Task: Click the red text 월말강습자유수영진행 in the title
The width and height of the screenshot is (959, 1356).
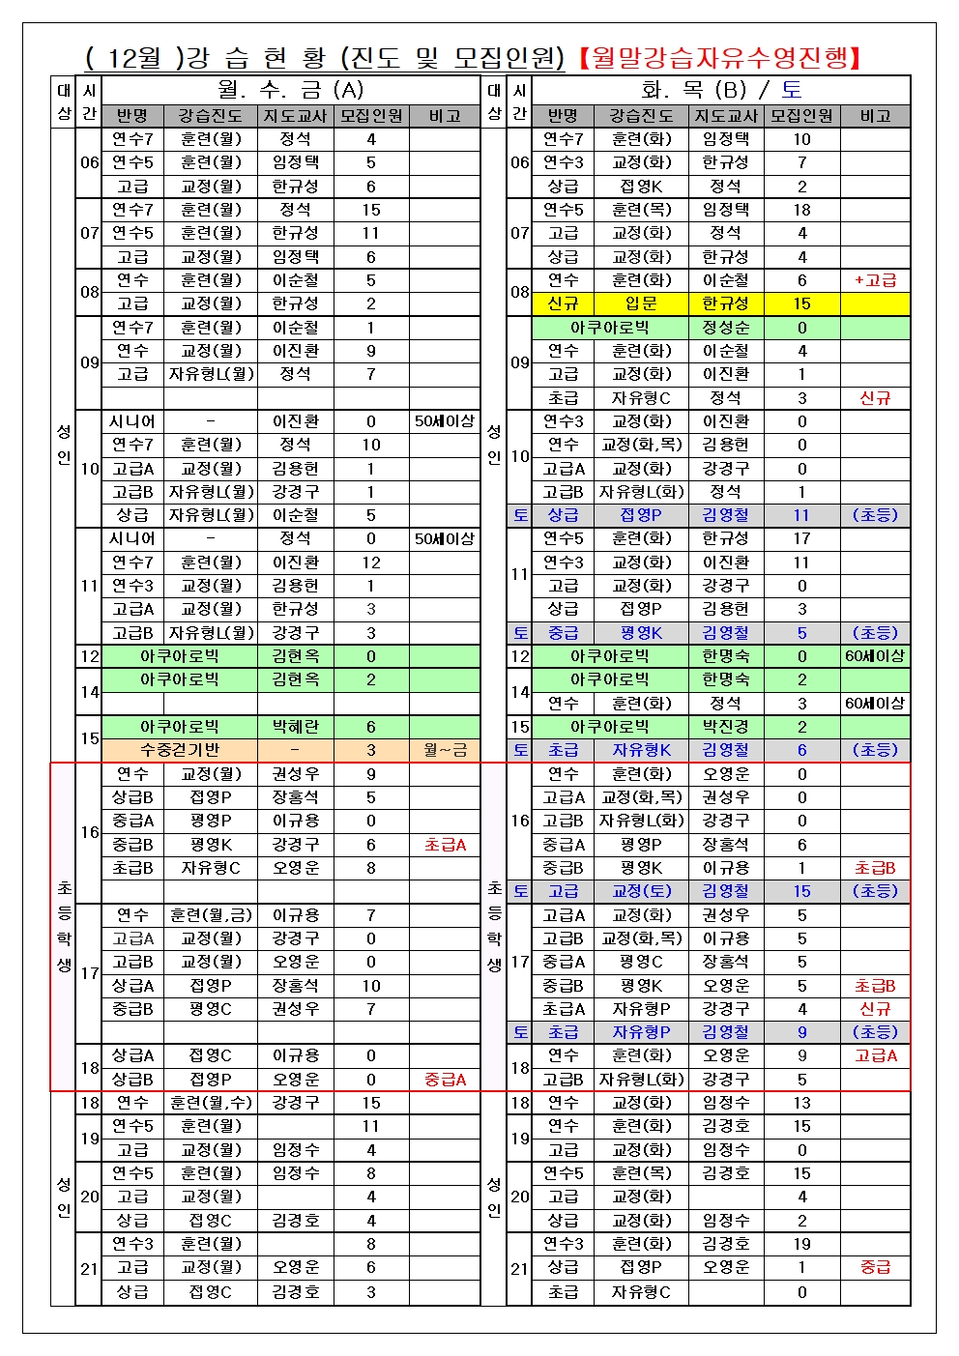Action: (x=720, y=57)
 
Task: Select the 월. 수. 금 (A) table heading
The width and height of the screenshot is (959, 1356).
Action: (x=290, y=90)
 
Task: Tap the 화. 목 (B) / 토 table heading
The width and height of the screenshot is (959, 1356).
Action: (x=721, y=90)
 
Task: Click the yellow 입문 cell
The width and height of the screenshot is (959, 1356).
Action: (x=640, y=303)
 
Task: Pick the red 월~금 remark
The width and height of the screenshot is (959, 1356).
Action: (x=445, y=750)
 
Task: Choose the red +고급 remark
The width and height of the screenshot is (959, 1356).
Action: (x=875, y=280)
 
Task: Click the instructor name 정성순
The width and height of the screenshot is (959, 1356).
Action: (x=725, y=328)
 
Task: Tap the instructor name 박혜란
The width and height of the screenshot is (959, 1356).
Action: (x=295, y=727)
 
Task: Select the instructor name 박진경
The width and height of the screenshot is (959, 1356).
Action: (x=725, y=727)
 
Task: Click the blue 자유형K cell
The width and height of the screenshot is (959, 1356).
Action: (x=640, y=750)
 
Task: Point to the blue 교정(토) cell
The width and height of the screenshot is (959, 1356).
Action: (x=640, y=891)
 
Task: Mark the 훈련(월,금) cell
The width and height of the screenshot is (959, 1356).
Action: (x=212, y=914)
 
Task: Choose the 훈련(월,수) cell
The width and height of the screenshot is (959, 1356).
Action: (x=212, y=1103)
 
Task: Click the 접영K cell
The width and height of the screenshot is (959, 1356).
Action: (x=640, y=187)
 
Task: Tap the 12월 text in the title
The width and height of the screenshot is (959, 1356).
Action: (x=134, y=57)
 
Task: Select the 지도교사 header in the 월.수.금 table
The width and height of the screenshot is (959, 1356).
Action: (x=295, y=116)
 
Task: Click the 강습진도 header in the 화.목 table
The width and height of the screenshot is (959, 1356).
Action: (x=640, y=116)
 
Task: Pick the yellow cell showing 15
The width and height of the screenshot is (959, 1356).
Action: (x=801, y=303)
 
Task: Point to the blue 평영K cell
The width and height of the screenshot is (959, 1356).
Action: (x=640, y=633)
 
